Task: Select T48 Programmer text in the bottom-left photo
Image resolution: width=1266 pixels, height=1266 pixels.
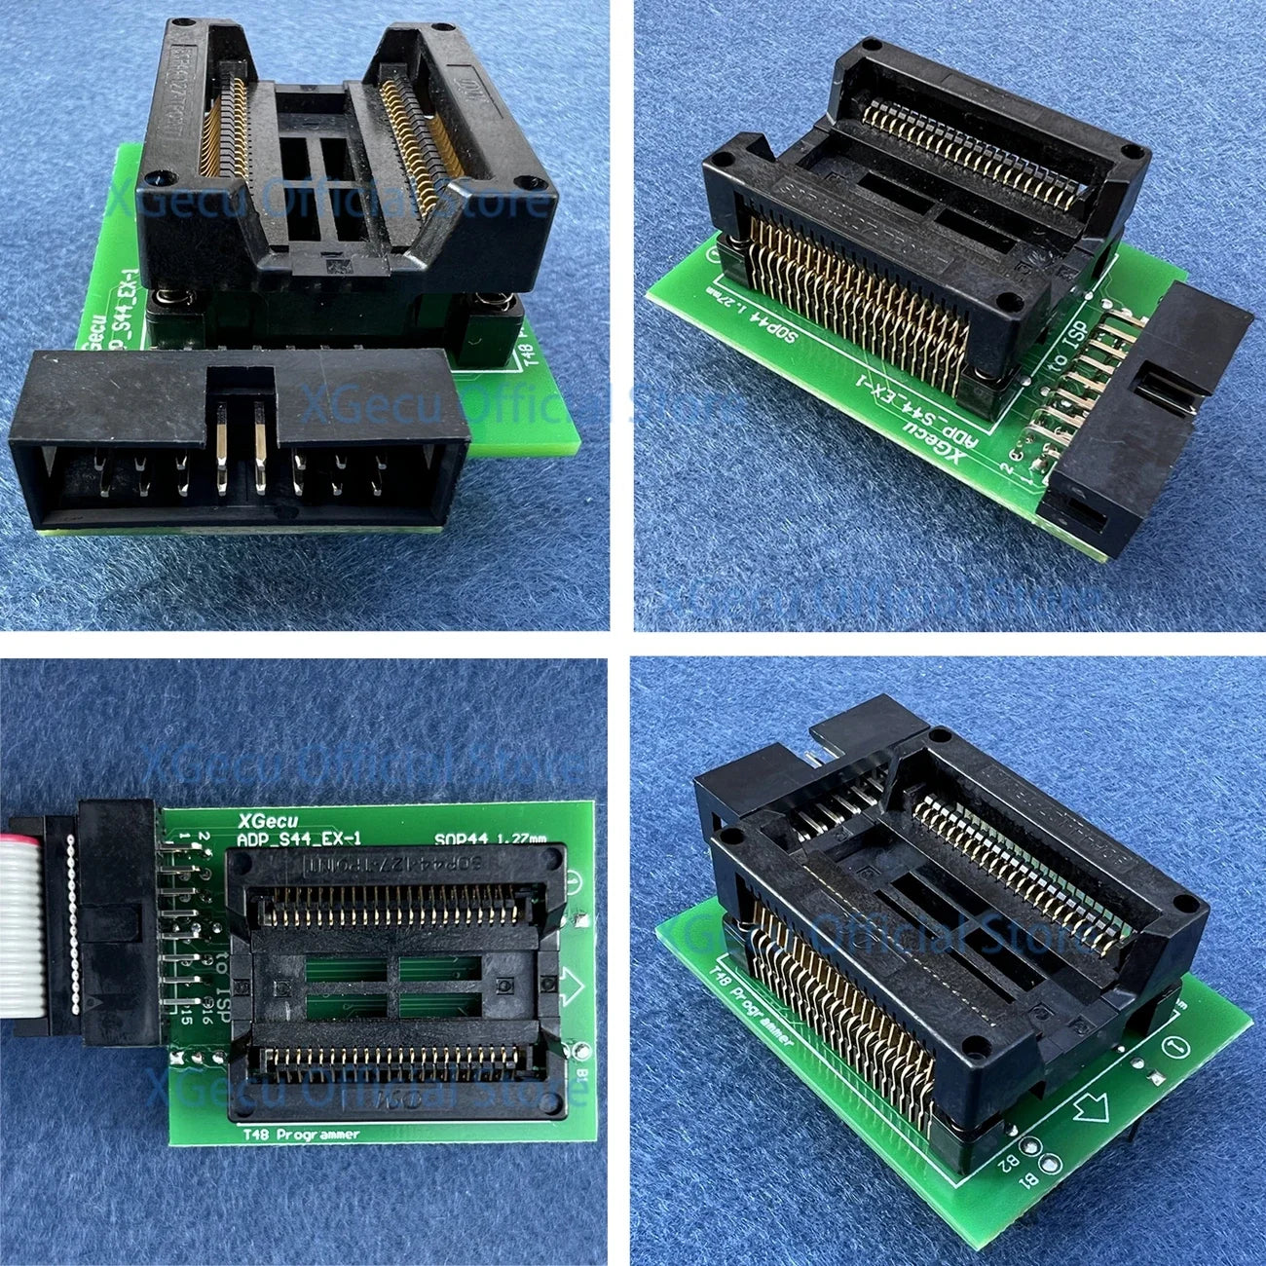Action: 298,1134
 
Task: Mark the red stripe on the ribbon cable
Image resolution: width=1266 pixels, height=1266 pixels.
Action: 19,835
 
